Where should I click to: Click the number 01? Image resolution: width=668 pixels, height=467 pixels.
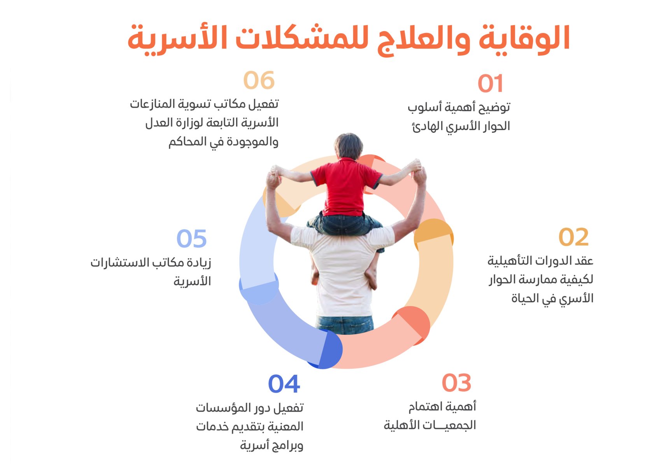(x=490, y=83)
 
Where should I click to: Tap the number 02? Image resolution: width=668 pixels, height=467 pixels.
(x=573, y=237)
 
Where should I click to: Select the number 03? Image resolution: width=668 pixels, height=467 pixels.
(x=456, y=383)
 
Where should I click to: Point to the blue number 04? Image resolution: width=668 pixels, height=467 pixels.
(x=284, y=384)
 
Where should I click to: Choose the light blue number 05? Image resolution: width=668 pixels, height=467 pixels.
(x=191, y=238)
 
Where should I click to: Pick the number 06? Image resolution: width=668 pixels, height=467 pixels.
(x=259, y=81)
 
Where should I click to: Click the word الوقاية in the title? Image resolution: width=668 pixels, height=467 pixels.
(x=524, y=39)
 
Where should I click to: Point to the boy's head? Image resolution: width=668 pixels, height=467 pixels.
(x=349, y=146)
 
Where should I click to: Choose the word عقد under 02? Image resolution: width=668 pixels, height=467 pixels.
(x=584, y=260)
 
